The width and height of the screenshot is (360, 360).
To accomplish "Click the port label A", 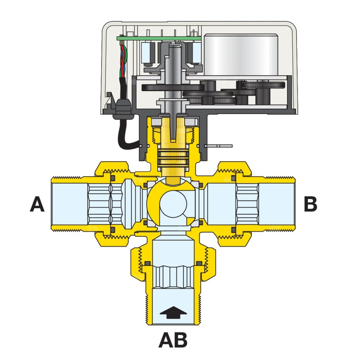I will (x=37, y=205).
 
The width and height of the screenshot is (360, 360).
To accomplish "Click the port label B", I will (x=310, y=204).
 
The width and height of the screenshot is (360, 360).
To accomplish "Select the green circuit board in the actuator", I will (x=158, y=38).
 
